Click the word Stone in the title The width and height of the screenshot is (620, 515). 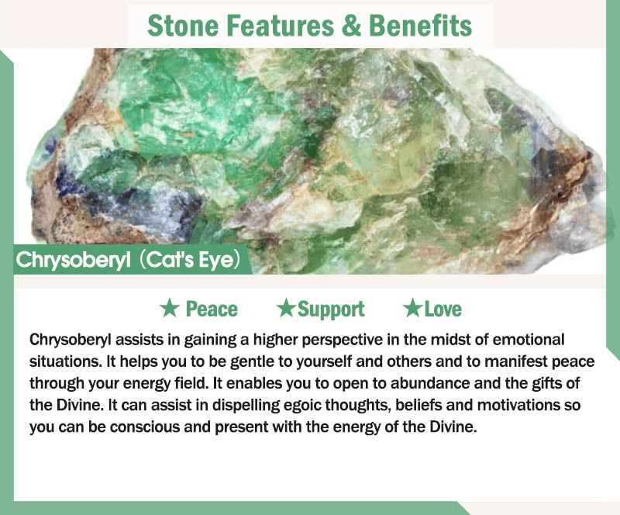tap(183, 26)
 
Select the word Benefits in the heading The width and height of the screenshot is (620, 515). tap(421, 26)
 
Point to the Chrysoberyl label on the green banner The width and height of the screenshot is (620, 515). tap(73, 260)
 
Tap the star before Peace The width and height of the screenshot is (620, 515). tap(170, 309)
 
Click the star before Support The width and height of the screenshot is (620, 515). tap(286, 308)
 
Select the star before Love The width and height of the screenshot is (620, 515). tap(412, 308)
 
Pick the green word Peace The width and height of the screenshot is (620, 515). tap(212, 309)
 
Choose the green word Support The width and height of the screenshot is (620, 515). tap(331, 309)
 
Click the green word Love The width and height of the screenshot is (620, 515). tap(443, 309)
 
